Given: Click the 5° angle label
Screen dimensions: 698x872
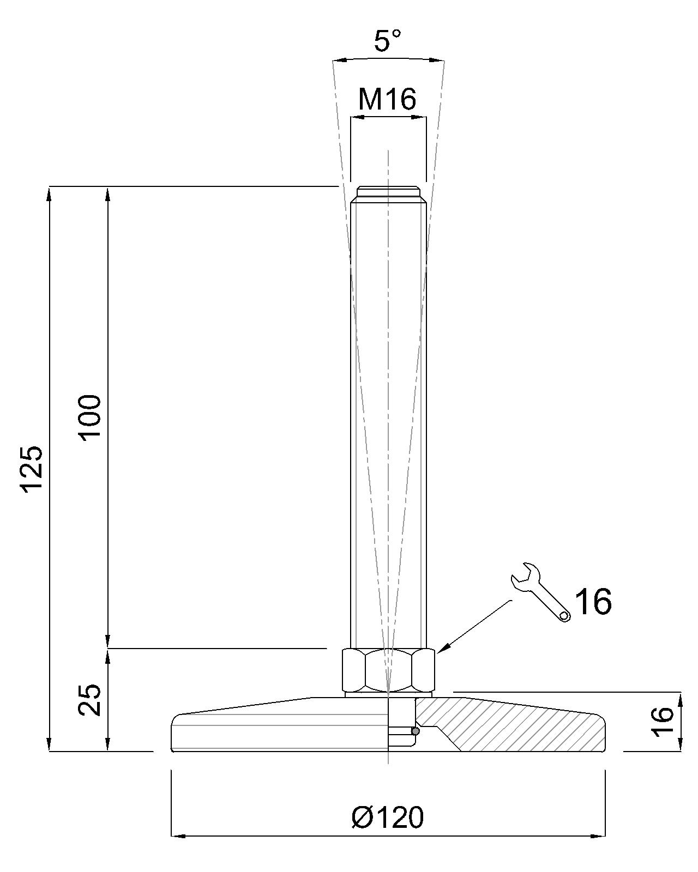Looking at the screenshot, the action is tap(387, 41).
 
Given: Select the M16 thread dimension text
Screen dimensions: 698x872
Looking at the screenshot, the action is tap(387, 100).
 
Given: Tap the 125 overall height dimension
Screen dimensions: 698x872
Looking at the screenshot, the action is tap(32, 469).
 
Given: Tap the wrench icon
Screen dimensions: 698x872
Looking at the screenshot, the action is tap(540, 592).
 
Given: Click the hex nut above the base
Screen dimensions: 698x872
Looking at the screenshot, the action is tap(389, 669).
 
